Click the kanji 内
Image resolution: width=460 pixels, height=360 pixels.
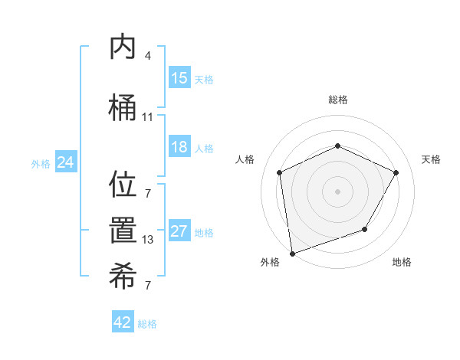[123, 47]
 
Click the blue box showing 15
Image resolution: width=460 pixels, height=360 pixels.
[179, 78]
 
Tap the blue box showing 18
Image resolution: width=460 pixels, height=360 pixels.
[179, 148]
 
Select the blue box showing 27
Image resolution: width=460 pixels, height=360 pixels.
[179, 232]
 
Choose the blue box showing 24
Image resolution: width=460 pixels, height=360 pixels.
[65, 162]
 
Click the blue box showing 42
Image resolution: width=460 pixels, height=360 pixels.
[123, 322]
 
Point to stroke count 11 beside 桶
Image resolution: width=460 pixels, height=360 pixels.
[147, 117]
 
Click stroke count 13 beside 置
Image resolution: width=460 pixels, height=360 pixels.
[147, 240]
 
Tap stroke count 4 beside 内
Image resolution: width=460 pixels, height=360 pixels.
[147, 56]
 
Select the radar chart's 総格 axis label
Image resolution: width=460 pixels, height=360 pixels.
[337, 100]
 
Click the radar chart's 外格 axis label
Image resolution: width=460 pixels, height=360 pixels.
[269, 263]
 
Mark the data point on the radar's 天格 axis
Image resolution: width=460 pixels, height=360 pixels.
[396, 172]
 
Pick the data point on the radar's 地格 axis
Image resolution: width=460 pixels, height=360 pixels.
[365, 229]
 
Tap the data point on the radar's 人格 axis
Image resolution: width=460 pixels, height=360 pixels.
[280, 172]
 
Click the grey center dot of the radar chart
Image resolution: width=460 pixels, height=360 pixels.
[337, 191]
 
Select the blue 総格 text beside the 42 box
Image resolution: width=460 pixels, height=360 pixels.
[147, 324]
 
